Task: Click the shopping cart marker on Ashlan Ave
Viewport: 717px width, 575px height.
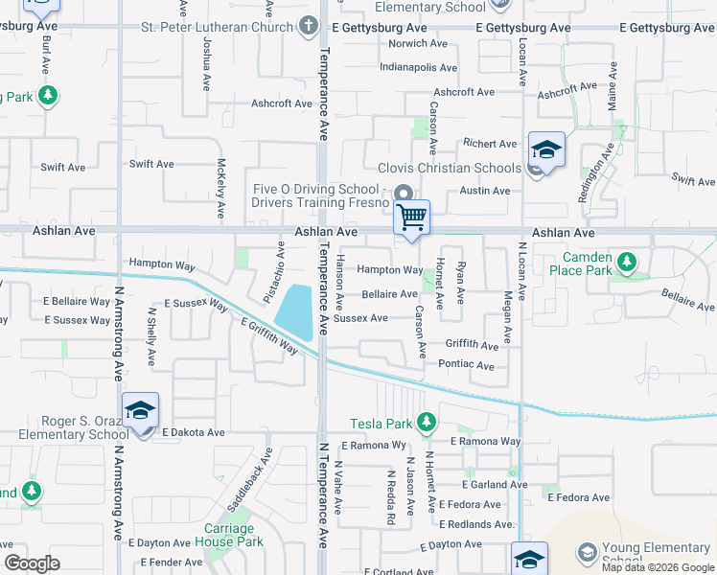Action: (x=411, y=218)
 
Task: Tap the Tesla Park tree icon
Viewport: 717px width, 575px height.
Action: (x=426, y=423)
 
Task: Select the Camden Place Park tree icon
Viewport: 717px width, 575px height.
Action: (x=626, y=261)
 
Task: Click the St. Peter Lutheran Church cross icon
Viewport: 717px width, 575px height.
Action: (x=307, y=27)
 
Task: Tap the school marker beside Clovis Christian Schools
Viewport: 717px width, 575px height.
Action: (x=545, y=150)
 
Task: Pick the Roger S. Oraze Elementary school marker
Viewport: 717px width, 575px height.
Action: (x=140, y=411)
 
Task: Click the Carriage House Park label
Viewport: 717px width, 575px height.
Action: (x=229, y=535)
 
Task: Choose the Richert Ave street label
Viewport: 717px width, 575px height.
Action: (x=490, y=144)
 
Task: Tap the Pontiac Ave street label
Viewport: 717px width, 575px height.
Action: (x=466, y=365)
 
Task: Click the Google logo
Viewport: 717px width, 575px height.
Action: (x=33, y=563)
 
